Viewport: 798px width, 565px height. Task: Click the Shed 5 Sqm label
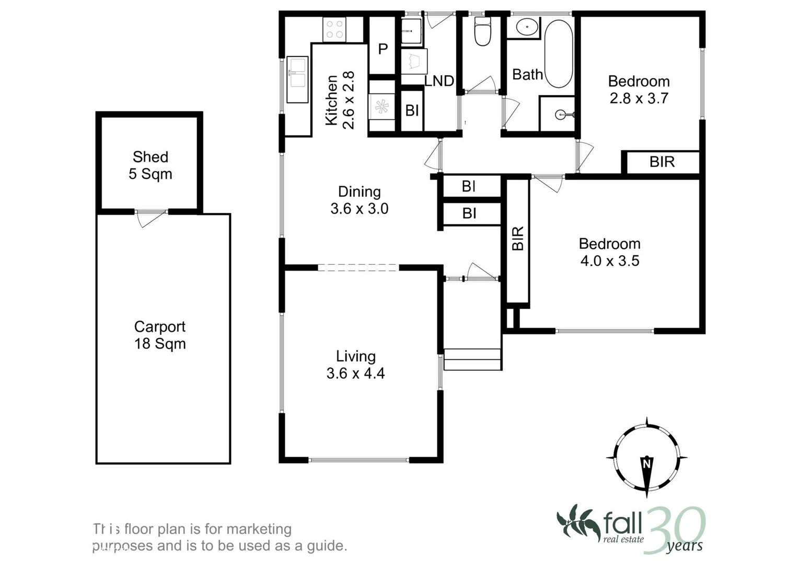[x=151, y=165]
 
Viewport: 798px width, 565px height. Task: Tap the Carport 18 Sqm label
[x=160, y=335]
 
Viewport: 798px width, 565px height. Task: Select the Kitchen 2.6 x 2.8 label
[x=340, y=100]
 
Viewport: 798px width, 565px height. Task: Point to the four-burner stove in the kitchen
[x=334, y=29]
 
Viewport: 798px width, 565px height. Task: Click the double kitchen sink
[x=297, y=80]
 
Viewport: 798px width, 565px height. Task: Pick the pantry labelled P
[x=383, y=49]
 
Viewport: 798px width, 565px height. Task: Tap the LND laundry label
[x=439, y=81]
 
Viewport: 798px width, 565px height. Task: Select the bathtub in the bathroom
[x=559, y=53]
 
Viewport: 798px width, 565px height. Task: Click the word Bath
[x=527, y=75]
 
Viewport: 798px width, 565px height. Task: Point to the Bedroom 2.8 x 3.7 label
[x=639, y=89]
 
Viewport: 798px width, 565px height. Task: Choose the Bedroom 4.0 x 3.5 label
[x=609, y=252]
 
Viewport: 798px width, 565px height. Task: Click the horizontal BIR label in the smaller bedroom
[x=662, y=162]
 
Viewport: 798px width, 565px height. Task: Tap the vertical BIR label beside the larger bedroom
[x=518, y=239]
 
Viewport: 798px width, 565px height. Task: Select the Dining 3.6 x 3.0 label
[x=360, y=200]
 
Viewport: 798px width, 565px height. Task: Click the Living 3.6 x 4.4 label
[x=356, y=365]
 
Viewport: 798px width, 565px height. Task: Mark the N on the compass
[x=647, y=464]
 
